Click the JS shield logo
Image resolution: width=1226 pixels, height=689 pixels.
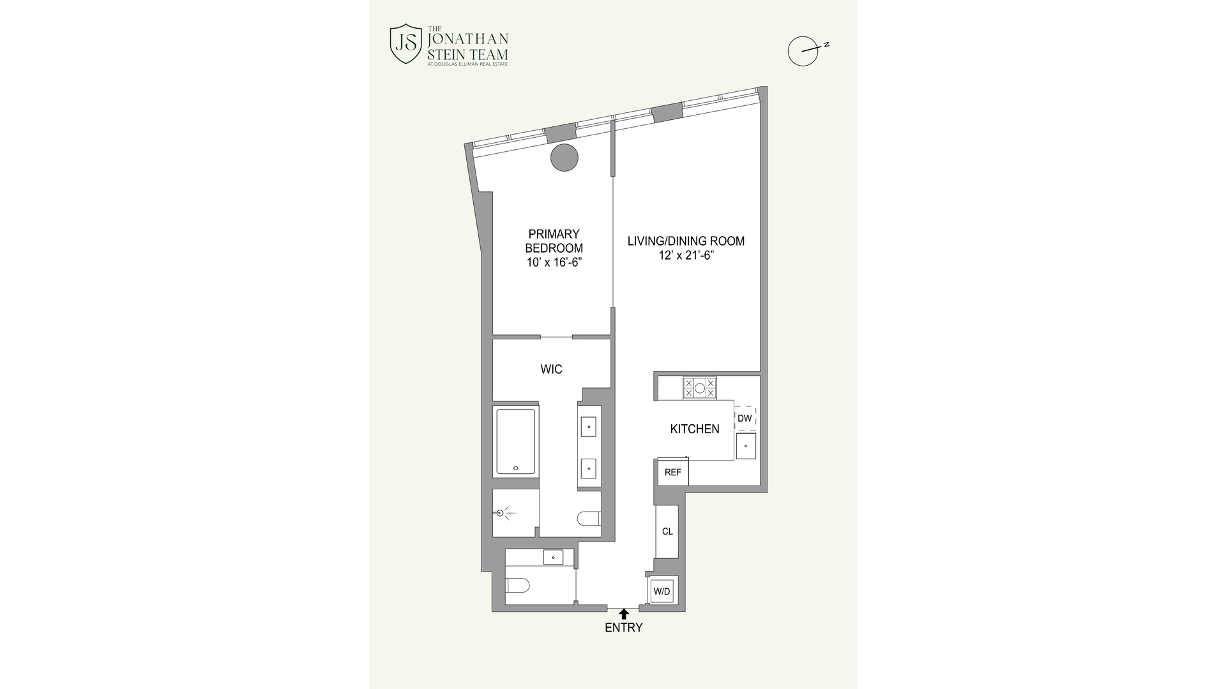pyautogui.click(x=405, y=44)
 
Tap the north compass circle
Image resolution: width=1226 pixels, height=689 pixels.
pyautogui.click(x=803, y=51)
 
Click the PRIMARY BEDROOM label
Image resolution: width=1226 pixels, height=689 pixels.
pyautogui.click(x=554, y=241)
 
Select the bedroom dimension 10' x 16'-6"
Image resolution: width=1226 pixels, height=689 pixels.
pyautogui.click(x=554, y=262)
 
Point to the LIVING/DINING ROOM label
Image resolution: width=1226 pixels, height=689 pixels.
pyautogui.click(x=686, y=241)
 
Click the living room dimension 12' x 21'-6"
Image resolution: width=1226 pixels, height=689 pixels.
pyautogui.click(x=686, y=256)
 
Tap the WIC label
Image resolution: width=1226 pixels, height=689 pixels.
pyautogui.click(x=551, y=369)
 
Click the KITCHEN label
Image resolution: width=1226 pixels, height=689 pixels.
pyautogui.click(x=695, y=429)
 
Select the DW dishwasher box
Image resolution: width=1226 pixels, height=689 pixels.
pyautogui.click(x=745, y=419)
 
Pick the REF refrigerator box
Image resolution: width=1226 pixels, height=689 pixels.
pyautogui.click(x=673, y=473)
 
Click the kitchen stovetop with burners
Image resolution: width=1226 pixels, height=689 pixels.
pyautogui.click(x=699, y=387)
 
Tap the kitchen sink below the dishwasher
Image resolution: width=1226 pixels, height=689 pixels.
pyautogui.click(x=746, y=446)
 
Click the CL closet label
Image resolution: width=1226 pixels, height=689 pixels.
pyautogui.click(x=667, y=531)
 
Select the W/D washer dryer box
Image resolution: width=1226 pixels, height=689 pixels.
pyautogui.click(x=662, y=591)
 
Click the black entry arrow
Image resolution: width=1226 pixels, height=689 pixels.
pyautogui.click(x=624, y=614)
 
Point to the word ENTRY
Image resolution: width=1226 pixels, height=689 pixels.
pyautogui.click(x=624, y=628)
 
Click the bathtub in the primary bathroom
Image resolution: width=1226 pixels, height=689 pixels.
pyautogui.click(x=516, y=441)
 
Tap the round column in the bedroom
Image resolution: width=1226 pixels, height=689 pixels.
pyautogui.click(x=564, y=157)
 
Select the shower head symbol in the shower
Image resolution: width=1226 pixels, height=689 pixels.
pyautogui.click(x=501, y=513)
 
